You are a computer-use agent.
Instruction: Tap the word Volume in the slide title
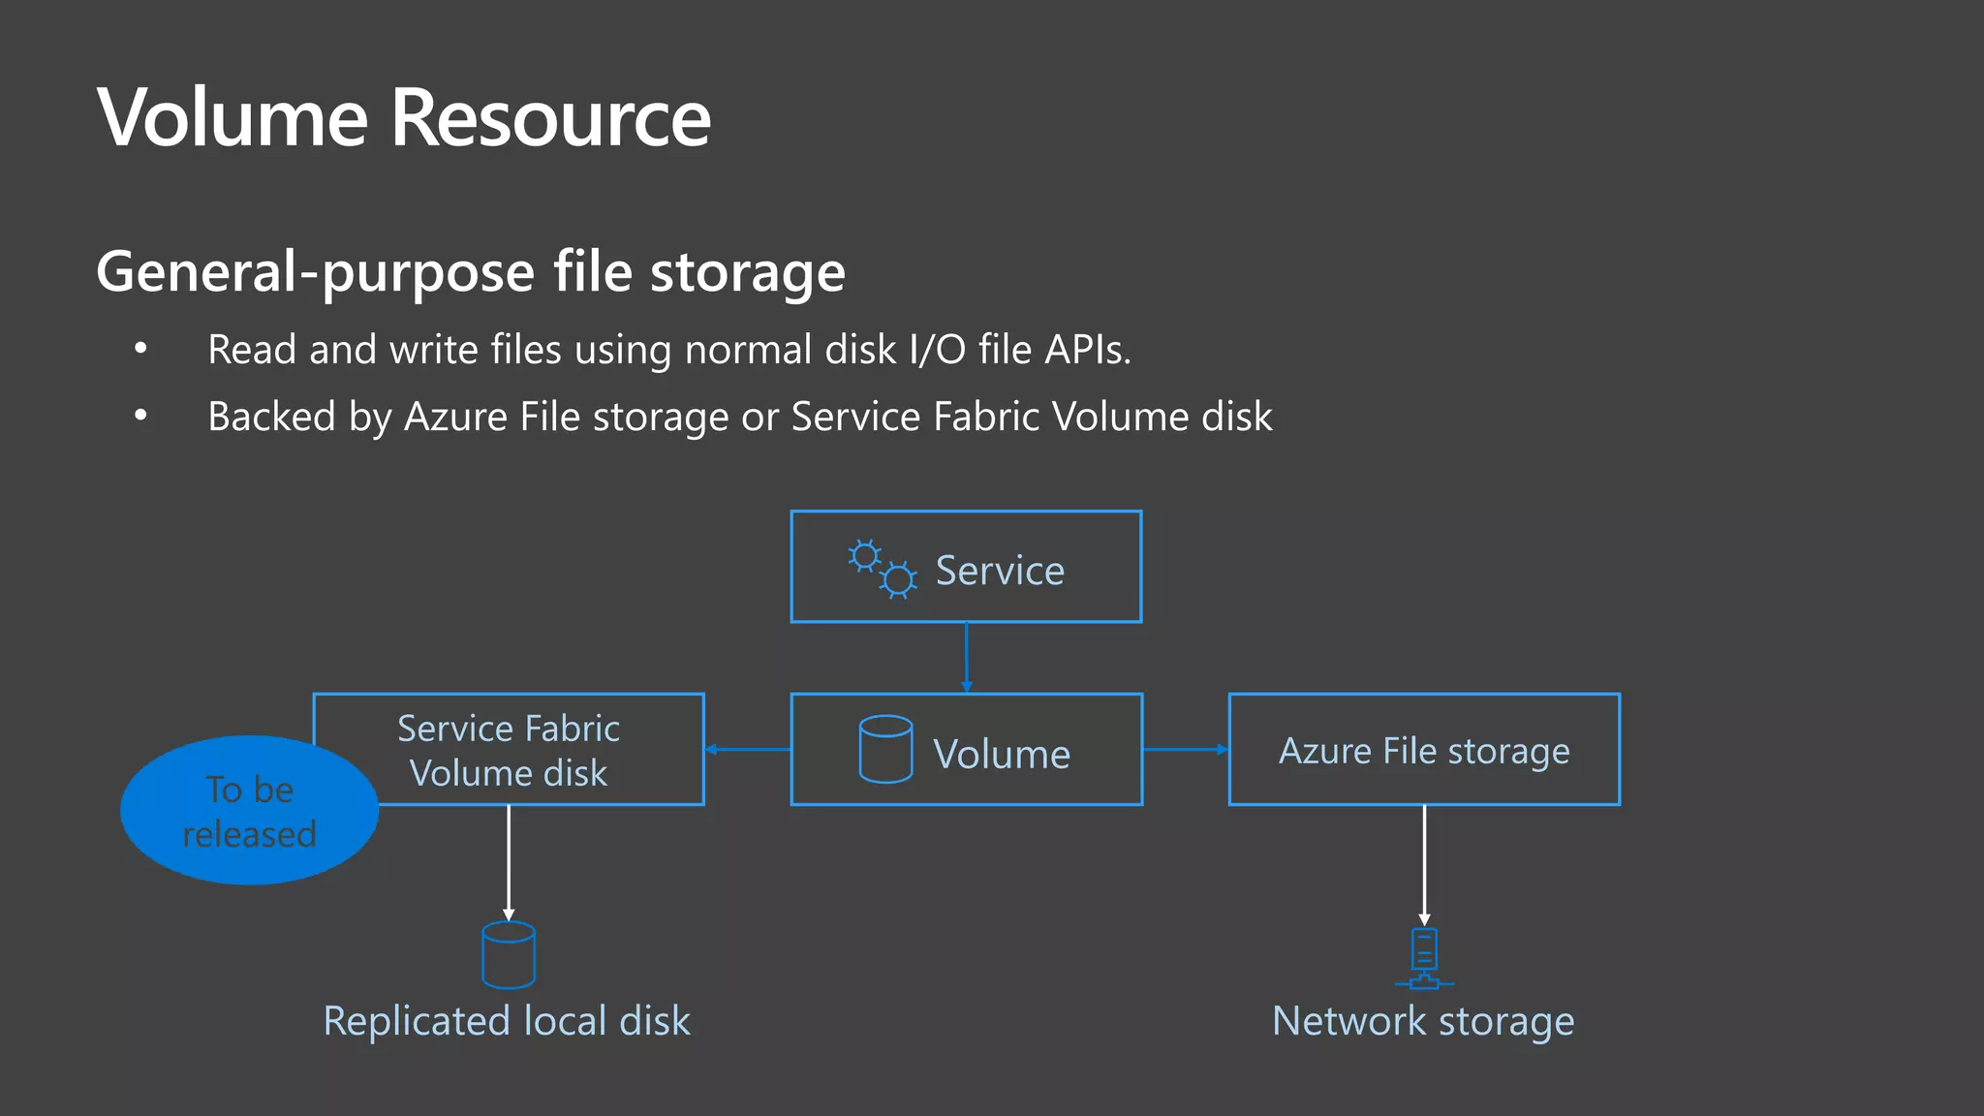(x=232, y=118)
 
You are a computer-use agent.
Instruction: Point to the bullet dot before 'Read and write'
(x=141, y=348)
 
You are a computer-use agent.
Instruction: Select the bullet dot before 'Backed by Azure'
(x=141, y=415)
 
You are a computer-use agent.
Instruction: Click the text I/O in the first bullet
(x=937, y=350)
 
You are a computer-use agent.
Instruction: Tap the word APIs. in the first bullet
(x=1088, y=350)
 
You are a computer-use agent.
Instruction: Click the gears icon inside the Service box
(x=882, y=569)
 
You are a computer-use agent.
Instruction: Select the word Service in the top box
(x=1000, y=571)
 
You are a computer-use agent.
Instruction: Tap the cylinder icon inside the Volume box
(x=885, y=749)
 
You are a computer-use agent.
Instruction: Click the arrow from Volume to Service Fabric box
(x=748, y=749)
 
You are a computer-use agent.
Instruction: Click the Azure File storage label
(x=1424, y=751)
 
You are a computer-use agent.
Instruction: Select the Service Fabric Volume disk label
(x=509, y=751)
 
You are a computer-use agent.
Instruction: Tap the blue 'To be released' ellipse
(x=249, y=812)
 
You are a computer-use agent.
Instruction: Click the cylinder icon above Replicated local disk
(x=509, y=955)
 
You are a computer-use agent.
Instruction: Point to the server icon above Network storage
(x=1424, y=958)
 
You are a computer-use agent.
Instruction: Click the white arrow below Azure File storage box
(x=1424, y=862)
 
